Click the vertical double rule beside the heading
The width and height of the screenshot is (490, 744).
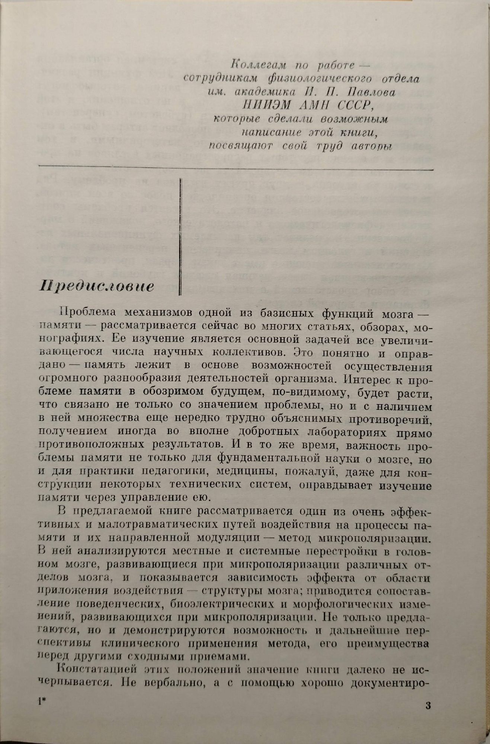[x=180, y=237]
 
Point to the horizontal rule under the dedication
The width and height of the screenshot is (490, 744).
[x=237, y=166]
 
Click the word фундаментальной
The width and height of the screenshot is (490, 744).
[x=273, y=460]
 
